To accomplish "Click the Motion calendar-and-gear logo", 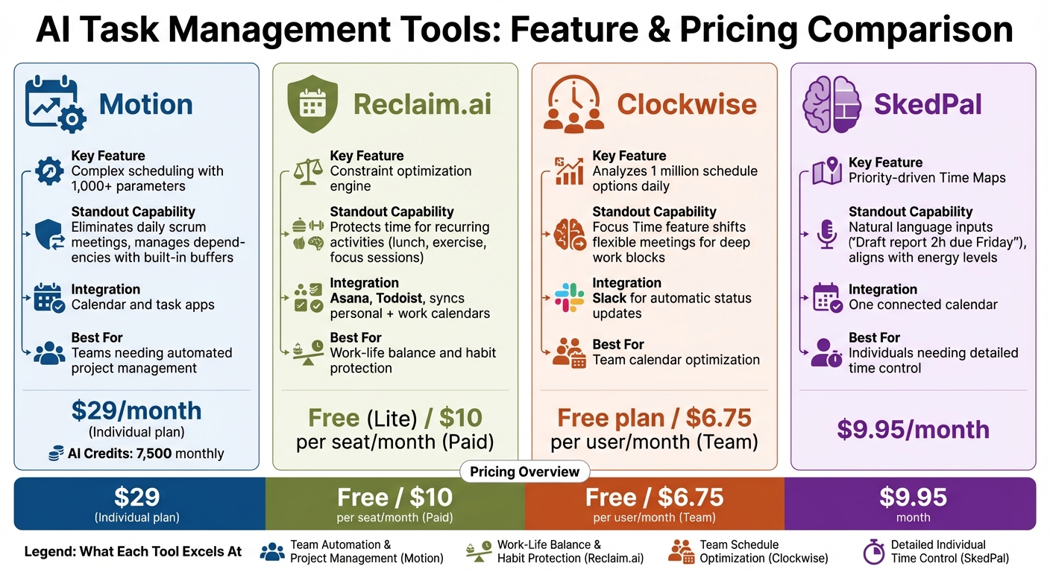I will (55, 104).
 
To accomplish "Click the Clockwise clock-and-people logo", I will (573, 105).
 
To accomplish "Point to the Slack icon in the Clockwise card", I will (569, 298).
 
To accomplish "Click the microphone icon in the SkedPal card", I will (826, 235).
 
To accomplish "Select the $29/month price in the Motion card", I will (136, 410).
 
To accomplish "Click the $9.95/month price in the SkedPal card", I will (913, 430).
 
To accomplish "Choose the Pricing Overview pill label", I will (524, 471).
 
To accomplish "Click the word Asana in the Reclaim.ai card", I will (350, 298).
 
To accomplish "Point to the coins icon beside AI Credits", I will (56, 454).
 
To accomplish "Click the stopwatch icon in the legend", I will (873, 552).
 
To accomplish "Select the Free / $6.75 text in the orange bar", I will (654, 497).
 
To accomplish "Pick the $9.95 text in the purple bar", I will (913, 497).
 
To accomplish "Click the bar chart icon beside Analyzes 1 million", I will (569, 171).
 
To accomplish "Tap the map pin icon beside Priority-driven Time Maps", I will (826, 171).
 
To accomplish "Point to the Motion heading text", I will (145, 105).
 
